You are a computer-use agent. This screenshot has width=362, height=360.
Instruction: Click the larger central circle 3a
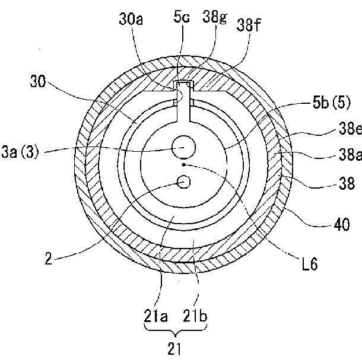coord(183,145)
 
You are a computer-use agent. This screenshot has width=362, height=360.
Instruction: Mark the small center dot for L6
coord(185,164)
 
